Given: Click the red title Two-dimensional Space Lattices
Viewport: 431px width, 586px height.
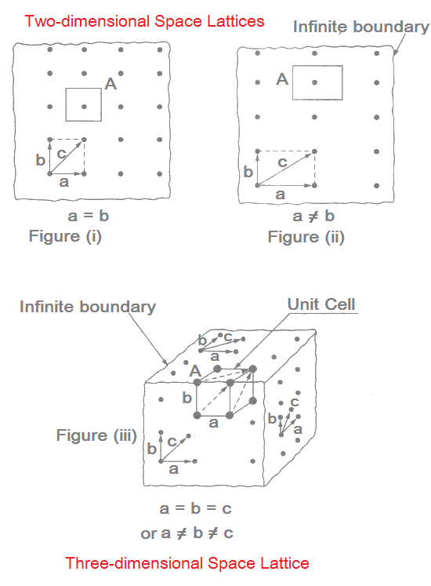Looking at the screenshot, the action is coord(144,21).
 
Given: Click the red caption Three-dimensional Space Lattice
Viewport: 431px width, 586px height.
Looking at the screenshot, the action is coord(187,563).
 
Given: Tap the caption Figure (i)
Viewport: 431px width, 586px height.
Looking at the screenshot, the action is coord(65,236).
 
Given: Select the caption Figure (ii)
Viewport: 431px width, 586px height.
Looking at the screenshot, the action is coord(306,238).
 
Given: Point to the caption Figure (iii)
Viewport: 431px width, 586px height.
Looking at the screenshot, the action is coord(96,435).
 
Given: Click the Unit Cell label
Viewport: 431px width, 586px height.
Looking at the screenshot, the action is coord(321,304).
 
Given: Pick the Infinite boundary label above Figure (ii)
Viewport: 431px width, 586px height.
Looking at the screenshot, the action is coord(361,27).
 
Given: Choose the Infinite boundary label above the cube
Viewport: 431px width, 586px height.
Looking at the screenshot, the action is coord(88,307).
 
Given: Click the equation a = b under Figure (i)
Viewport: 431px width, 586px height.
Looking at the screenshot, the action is coord(89,216).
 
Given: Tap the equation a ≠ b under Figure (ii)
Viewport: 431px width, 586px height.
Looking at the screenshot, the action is coord(313,216).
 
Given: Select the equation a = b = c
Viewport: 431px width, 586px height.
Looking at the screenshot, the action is coord(195,508).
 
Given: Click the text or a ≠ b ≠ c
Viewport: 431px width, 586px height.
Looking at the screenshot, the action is coord(187,533).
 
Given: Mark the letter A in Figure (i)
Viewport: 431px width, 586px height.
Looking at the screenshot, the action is coord(110,84).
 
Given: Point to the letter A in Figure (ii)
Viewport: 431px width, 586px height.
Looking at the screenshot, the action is coord(282,79).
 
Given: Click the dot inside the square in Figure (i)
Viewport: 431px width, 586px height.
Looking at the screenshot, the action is coord(84,107).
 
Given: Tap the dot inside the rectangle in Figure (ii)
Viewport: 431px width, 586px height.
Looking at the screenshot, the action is coord(314,82).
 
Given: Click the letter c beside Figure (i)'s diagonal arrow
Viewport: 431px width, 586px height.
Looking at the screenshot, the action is coord(61,153).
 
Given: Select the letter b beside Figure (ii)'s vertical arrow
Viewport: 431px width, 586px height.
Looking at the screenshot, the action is coord(248,172).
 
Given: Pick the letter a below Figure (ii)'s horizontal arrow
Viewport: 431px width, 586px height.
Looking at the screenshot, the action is coord(280,195).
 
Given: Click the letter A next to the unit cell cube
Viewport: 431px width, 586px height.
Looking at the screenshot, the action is coord(195,372).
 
